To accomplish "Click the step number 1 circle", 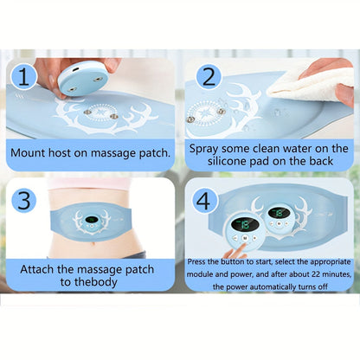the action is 24,77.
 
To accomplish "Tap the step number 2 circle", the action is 209,77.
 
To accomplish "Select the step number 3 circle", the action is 24,200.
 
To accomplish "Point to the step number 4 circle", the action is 203,201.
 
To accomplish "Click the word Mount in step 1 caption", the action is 29,152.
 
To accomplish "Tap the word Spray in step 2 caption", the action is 204,150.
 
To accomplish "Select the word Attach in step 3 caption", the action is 37,269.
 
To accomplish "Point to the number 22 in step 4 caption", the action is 316,274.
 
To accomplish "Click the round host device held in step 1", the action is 84,79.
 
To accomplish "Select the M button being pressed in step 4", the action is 245,238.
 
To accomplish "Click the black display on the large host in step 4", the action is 245,224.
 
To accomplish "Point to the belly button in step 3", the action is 93,244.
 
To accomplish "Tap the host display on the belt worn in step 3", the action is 91,220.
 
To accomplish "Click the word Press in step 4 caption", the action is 196,262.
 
